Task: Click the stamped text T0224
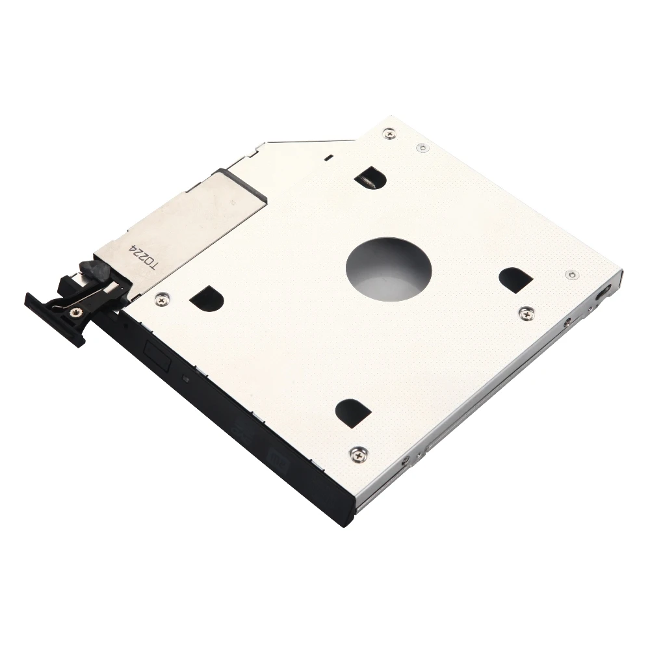145,259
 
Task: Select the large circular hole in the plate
389,267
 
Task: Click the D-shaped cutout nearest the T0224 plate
207,297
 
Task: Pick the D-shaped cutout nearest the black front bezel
353,412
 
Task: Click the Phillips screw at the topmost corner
389,134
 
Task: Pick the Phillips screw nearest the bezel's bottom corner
358,454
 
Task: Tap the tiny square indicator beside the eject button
187,379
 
